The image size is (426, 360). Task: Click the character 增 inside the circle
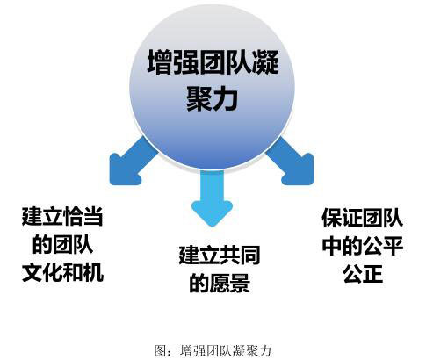[159, 61]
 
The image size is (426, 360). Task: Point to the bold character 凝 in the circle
[265, 61]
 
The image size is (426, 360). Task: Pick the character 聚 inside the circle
[199, 98]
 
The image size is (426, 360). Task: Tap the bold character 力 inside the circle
[226, 98]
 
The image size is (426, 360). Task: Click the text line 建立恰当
[62, 217]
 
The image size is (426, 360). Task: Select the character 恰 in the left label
[73, 217]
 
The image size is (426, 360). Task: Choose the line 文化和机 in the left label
[62, 272]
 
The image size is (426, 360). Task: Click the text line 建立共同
[220, 256]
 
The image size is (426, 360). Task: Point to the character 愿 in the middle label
[220, 283]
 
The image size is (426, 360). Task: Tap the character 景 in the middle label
[240, 283]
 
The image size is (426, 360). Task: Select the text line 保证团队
[363, 218]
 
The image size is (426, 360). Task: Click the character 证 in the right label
[352, 218]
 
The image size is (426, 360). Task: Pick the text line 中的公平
[363, 246]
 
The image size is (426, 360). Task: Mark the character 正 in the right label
[372, 273]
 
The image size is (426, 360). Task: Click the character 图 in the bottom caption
[160, 350]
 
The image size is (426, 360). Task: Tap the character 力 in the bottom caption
[264, 350]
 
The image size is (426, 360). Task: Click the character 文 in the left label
[32, 272]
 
